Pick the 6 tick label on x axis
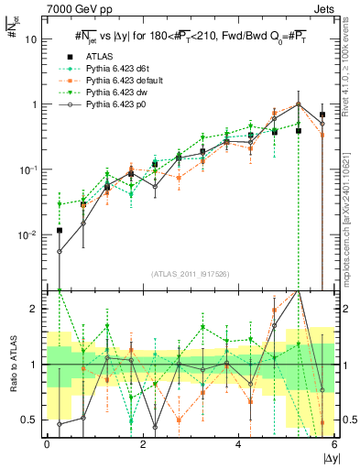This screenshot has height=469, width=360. [x=334, y=443]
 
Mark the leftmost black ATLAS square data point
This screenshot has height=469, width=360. [x=60, y=231]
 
